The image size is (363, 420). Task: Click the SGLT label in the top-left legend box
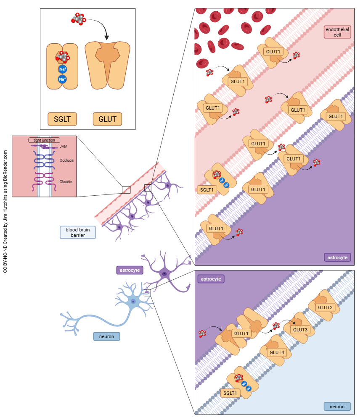(62, 119)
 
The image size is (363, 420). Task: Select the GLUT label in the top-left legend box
(107, 119)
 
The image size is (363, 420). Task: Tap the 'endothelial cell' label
(337, 32)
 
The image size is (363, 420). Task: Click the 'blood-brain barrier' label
(78, 232)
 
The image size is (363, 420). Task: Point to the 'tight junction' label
(44, 140)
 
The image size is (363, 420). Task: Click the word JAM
(63, 147)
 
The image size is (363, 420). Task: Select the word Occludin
(66, 160)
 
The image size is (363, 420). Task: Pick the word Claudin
(66, 182)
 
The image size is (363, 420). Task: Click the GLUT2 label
(325, 307)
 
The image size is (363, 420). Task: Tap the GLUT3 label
(300, 330)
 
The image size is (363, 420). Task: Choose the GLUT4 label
(277, 352)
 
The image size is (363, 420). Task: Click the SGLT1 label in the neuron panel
(231, 393)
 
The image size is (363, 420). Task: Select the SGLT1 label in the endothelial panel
(207, 189)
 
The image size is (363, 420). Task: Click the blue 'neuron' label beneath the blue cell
(106, 336)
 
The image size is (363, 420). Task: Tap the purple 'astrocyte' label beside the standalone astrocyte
(130, 270)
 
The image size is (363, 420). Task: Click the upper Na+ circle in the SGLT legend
(62, 69)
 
